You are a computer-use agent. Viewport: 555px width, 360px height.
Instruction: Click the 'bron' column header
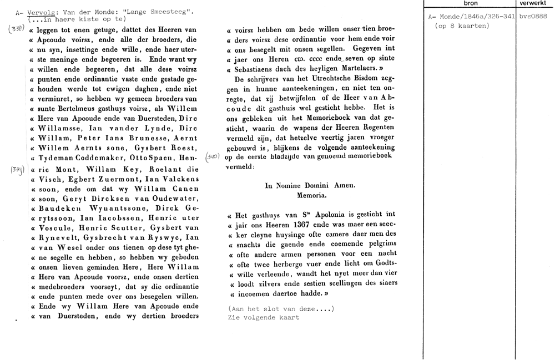(470, 3)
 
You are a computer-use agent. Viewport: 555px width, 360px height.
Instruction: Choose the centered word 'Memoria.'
(311, 196)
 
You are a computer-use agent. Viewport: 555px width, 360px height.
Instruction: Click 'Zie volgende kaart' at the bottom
(263, 318)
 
